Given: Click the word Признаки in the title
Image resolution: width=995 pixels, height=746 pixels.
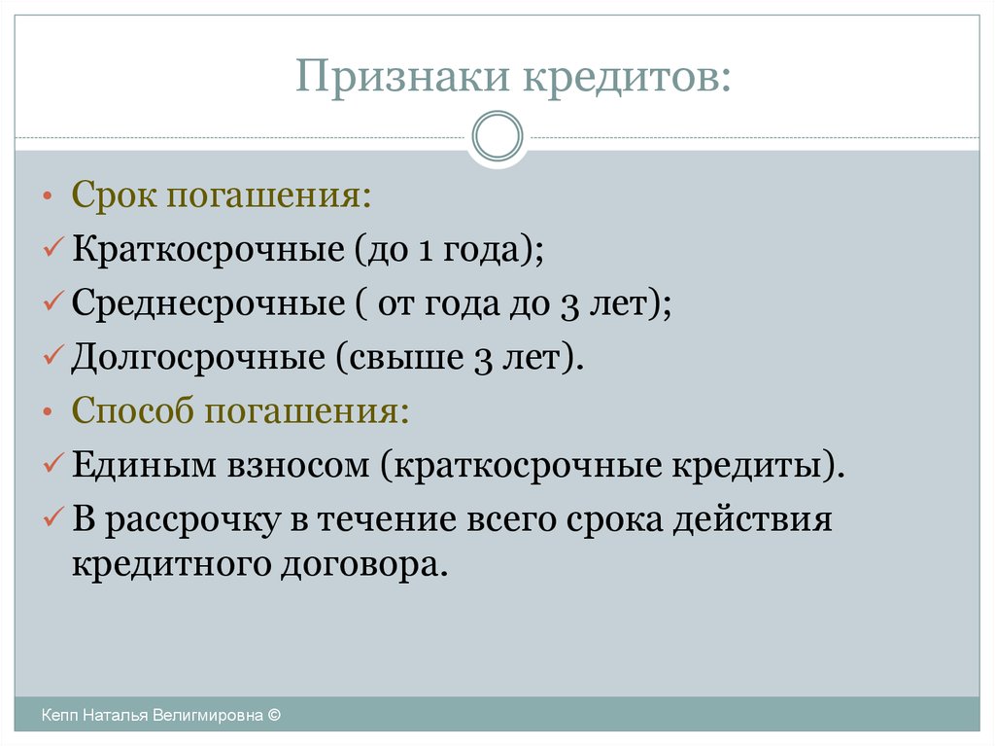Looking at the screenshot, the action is click(402, 77).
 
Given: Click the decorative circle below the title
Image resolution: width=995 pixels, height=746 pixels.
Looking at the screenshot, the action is click(497, 136).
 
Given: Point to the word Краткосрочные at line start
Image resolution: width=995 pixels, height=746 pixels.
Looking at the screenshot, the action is click(208, 248).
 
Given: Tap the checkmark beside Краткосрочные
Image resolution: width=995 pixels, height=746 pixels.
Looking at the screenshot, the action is click(53, 247).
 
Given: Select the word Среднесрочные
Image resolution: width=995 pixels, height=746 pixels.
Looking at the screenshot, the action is click(208, 303).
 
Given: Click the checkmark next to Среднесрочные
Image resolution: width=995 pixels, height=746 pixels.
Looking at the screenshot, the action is click(53, 302).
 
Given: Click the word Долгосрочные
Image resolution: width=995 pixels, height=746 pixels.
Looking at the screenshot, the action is click(198, 357).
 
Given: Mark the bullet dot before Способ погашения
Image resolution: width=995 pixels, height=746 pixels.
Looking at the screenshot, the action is click(48, 412).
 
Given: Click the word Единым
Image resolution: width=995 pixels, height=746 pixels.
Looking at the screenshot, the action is click(144, 465).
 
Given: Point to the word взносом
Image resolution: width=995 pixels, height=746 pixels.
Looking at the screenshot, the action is click(298, 467).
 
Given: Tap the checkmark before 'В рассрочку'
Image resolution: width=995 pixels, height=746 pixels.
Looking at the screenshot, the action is click(53, 516).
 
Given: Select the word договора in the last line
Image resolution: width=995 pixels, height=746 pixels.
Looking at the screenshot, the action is click(360, 565).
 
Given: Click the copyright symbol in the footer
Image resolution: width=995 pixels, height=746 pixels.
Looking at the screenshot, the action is click(274, 715).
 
